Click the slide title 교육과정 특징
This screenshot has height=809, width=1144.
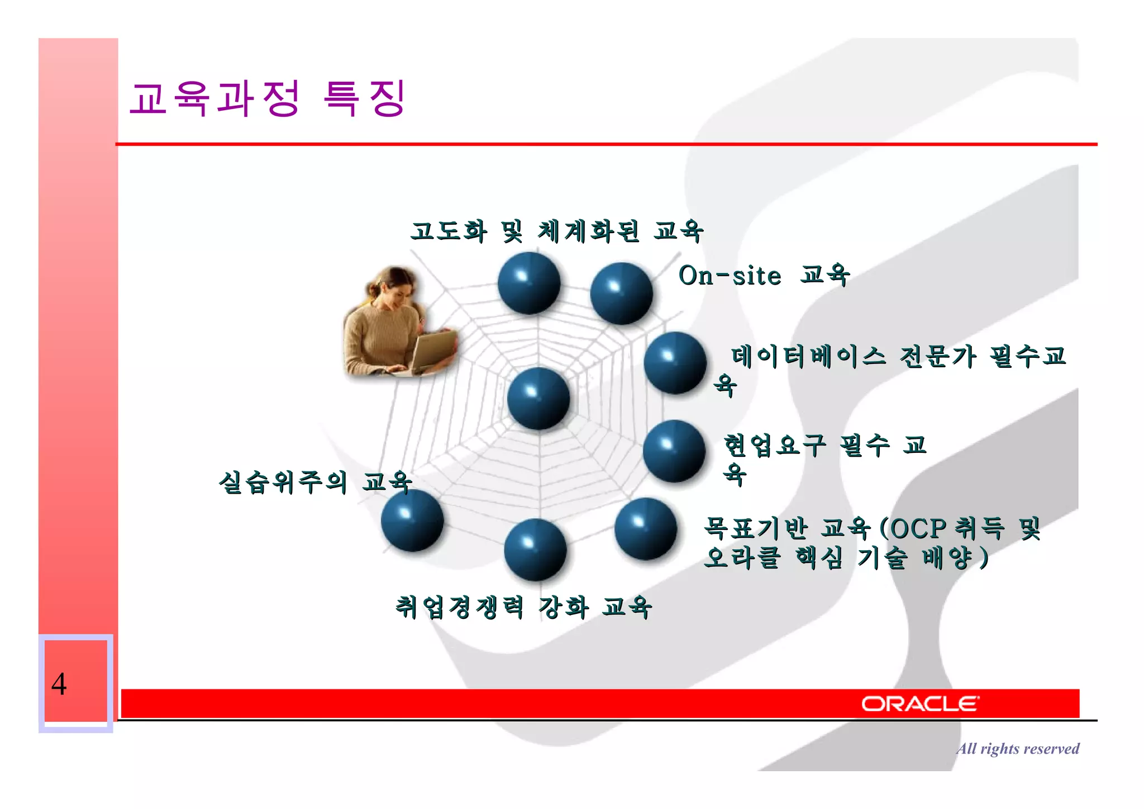coord(267,98)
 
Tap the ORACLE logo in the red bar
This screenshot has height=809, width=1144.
coord(919,703)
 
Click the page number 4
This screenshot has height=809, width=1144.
coord(59,683)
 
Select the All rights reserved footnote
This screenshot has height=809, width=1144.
coord(1017,749)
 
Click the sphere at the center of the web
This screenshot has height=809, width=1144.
coord(538,399)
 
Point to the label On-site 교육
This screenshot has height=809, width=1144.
coord(764,276)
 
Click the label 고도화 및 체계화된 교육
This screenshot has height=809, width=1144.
coord(556,231)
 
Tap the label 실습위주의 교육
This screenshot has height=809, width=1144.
coord(315,482)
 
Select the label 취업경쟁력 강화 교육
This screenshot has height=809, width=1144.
coord(523,607)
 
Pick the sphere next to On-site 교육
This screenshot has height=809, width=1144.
coord(621,294)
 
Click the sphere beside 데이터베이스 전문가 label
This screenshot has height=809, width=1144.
coord(675,363)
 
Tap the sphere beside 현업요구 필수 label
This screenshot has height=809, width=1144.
coord(674,451)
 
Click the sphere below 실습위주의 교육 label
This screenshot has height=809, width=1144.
coord(412,521)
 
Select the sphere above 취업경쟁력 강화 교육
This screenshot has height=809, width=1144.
coord(535,550)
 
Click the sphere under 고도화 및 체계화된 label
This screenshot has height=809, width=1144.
coord(528,283)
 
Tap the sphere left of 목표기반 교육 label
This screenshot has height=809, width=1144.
coord(645,529)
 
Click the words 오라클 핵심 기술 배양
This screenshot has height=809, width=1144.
coord(843,557)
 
